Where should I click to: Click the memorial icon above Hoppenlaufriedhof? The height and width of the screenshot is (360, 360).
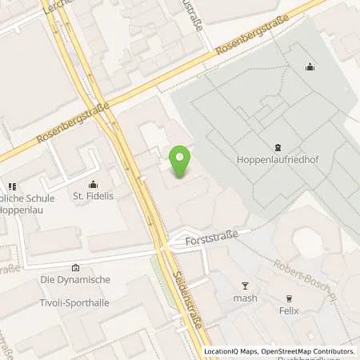(x=277, y=146)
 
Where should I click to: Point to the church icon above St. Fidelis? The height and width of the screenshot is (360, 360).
(x=93, y=184)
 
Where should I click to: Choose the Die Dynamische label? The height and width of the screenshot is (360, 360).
(x=74, y=280)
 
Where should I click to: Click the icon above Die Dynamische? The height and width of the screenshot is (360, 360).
(x=75, y=267)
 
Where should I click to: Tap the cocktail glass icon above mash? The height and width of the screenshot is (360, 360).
(x=246, y=286)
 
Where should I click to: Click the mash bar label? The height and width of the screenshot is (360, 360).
(x=246, y=298)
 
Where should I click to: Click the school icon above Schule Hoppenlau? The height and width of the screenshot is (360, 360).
(x=12, y=186)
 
